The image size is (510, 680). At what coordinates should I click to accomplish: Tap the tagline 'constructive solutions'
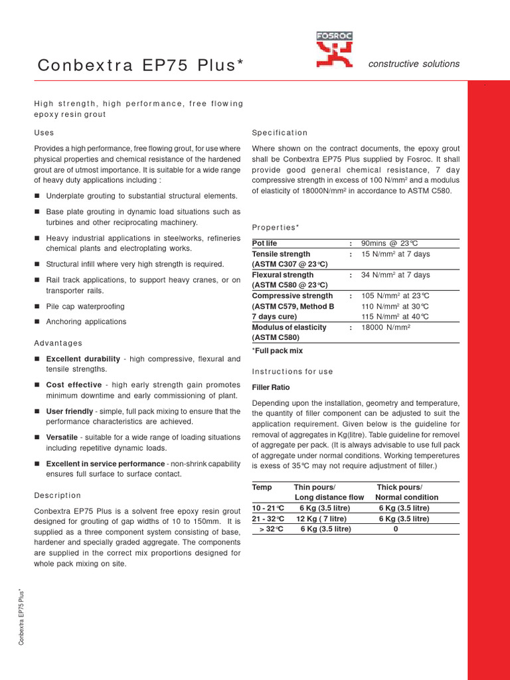pyautogui.click(x=414, y=64)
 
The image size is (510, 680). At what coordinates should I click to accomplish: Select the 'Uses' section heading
pyautogui.click(x=44, y=133)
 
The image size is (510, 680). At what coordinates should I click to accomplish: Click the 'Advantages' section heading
pyautogui.click(x=58, y=343)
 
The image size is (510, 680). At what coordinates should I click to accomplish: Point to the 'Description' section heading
pyautogui.click(x=57, y=495)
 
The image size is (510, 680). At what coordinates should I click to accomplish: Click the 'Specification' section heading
pyautogui.click(x=280, y=133)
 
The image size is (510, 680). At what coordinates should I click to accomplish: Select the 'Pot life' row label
pyautogui.click(x=264, y=244)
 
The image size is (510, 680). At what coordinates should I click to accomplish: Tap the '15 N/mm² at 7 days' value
pyautogui.click(x=395, y=254)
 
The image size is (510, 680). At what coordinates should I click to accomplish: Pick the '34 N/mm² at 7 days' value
pyautogui.click(x=395, y=275)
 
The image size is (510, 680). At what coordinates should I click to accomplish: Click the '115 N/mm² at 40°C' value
pyautogui.click(x=395, y=317)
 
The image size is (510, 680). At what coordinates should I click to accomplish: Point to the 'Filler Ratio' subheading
pyautogui.click(x=271, y=387)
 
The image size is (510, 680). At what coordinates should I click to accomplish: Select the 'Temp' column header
pyautogui.click(x=262, y=487)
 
